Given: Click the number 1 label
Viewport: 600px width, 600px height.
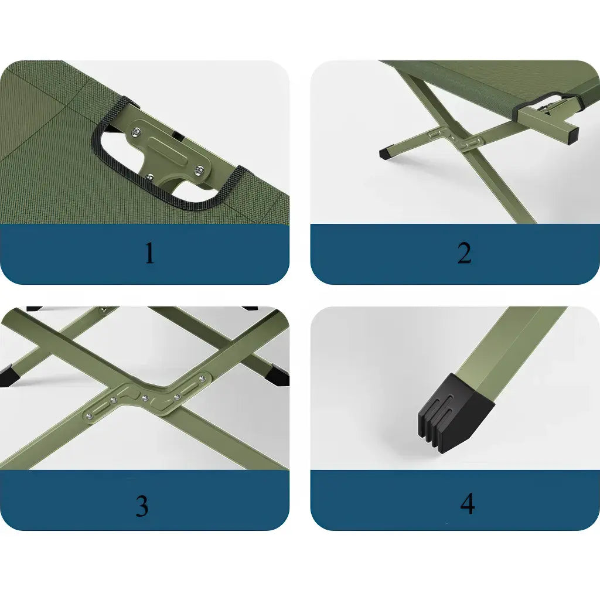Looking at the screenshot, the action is (x=150, y=253).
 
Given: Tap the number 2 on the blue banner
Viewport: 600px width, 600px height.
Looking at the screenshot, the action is (x=464, y=253).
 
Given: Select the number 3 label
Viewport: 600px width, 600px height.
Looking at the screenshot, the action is (x=142, y=505).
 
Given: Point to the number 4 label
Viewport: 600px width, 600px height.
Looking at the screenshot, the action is (x=468, y=503).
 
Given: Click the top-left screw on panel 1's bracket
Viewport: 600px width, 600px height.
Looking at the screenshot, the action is (x=135, y=132).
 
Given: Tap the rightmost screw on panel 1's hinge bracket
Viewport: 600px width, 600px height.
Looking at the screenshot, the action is (x=199, y=171).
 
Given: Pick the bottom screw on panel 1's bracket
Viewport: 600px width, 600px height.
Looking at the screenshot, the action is (x=151, y=177).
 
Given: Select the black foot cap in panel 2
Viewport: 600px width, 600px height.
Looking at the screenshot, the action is (x=387, y=153).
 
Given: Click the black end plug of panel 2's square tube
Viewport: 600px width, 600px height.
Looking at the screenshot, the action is (x=573, y=135).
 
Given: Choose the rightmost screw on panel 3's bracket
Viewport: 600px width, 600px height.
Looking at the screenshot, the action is (x=202, y=379).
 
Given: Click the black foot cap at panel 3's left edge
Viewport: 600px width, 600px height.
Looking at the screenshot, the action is (x=8, y=376).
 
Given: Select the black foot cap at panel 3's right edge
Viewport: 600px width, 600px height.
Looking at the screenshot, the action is (x=279, y=376).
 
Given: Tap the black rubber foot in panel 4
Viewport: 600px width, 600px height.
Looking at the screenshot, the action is (x=455, y=410).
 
